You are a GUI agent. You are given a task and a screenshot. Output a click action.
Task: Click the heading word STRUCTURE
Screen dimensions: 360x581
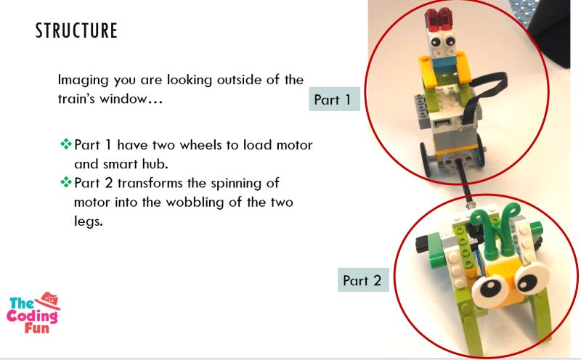coord(76,31)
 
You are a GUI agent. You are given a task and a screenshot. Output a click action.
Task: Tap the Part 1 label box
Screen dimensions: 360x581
coord(336,99)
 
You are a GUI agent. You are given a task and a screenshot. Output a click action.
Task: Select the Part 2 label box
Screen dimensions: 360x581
coord(362,280)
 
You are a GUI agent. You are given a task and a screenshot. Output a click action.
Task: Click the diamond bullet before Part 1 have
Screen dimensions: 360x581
coord(65,144)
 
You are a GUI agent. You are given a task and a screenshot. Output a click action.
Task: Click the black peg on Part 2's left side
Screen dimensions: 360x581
coord(420,245)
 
